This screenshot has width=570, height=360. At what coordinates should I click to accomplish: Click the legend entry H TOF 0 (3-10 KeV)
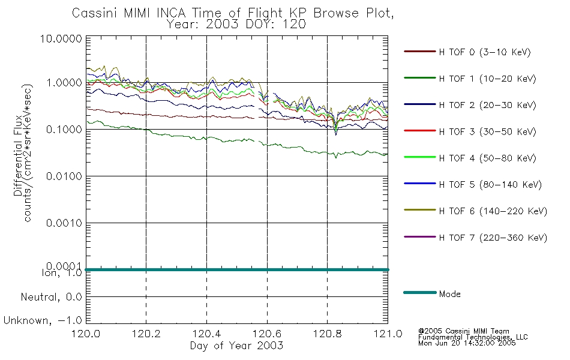point(485,52)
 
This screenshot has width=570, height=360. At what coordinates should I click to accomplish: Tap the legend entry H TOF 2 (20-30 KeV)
point(488,105)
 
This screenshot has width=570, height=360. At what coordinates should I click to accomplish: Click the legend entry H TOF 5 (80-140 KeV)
point(490,185)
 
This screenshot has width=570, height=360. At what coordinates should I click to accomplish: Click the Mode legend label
point(450,294)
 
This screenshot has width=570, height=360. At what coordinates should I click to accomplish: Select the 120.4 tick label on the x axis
point(206,335)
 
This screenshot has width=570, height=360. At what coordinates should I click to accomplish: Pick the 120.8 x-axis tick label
point(327,335)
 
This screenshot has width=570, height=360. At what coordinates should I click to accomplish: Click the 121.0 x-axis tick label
point(388,335)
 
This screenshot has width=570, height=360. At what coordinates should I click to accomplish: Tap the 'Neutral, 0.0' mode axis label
point(51,297)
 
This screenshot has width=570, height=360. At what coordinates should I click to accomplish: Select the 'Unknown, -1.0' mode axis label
point(43,320)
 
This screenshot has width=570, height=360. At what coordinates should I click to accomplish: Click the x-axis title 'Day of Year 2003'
point(236,346)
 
